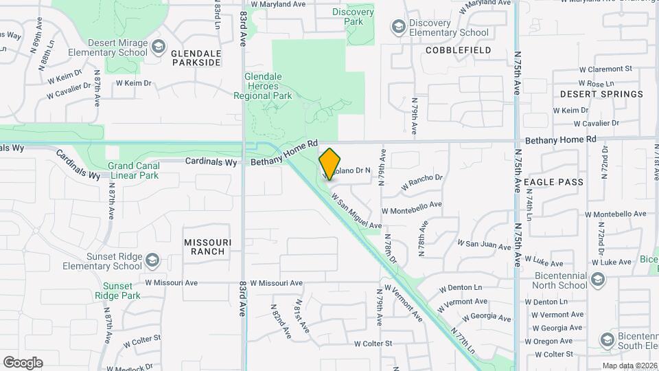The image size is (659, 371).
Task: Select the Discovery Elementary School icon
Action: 397,27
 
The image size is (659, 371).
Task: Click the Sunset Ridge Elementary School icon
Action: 152,261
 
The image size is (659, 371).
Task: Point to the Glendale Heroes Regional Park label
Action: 279,86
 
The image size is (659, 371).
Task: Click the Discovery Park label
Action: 353,16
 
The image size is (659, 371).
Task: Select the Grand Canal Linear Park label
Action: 133,170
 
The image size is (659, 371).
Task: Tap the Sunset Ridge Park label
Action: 122,291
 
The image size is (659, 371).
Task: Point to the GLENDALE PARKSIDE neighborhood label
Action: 196,57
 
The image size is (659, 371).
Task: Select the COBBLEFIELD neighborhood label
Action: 458,51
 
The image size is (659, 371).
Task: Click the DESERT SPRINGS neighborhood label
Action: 601,94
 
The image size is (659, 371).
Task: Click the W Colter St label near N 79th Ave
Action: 373,344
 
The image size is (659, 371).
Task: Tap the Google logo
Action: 23,363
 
